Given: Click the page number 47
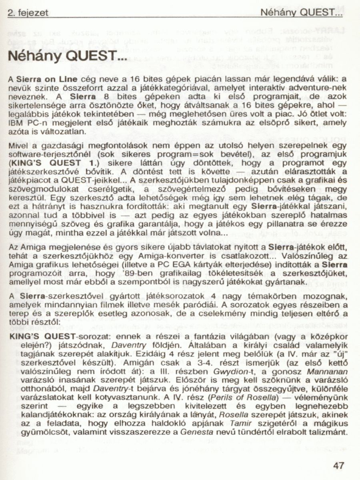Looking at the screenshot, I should click(338, 465).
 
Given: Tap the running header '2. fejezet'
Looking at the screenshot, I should click(28, 13).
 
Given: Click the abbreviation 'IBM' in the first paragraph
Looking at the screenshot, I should click(16, 124).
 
